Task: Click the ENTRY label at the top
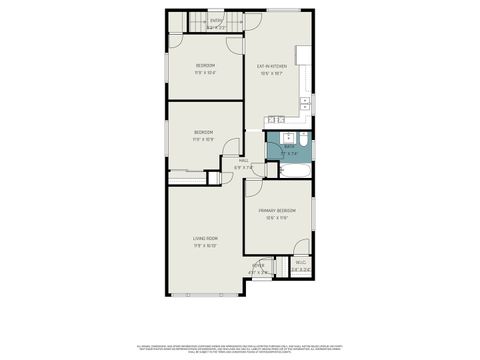point(216,19)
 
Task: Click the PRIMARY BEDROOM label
point(277,211)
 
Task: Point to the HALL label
point(243,161)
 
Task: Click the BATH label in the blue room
point(289,146)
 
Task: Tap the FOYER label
point(258,266)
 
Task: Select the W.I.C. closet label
point(300,264)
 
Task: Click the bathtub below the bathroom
point(291,171)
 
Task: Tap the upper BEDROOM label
point(205,67)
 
